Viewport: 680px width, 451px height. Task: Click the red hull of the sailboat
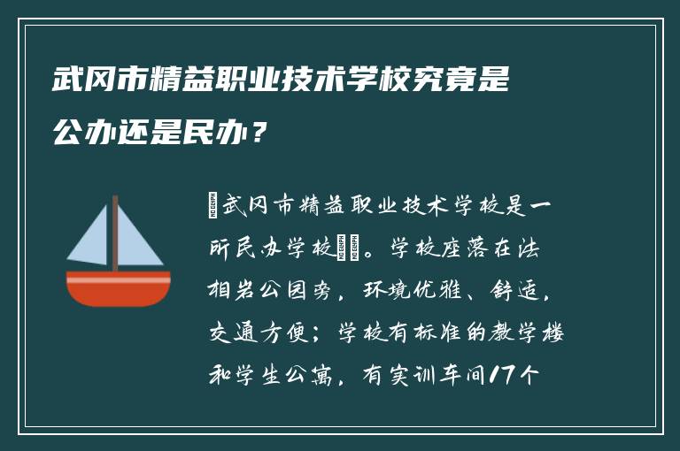(x=118, y=289)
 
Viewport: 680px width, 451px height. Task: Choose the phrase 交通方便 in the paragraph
(x=253, y=333)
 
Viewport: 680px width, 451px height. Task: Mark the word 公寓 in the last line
(x=323, y=375)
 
